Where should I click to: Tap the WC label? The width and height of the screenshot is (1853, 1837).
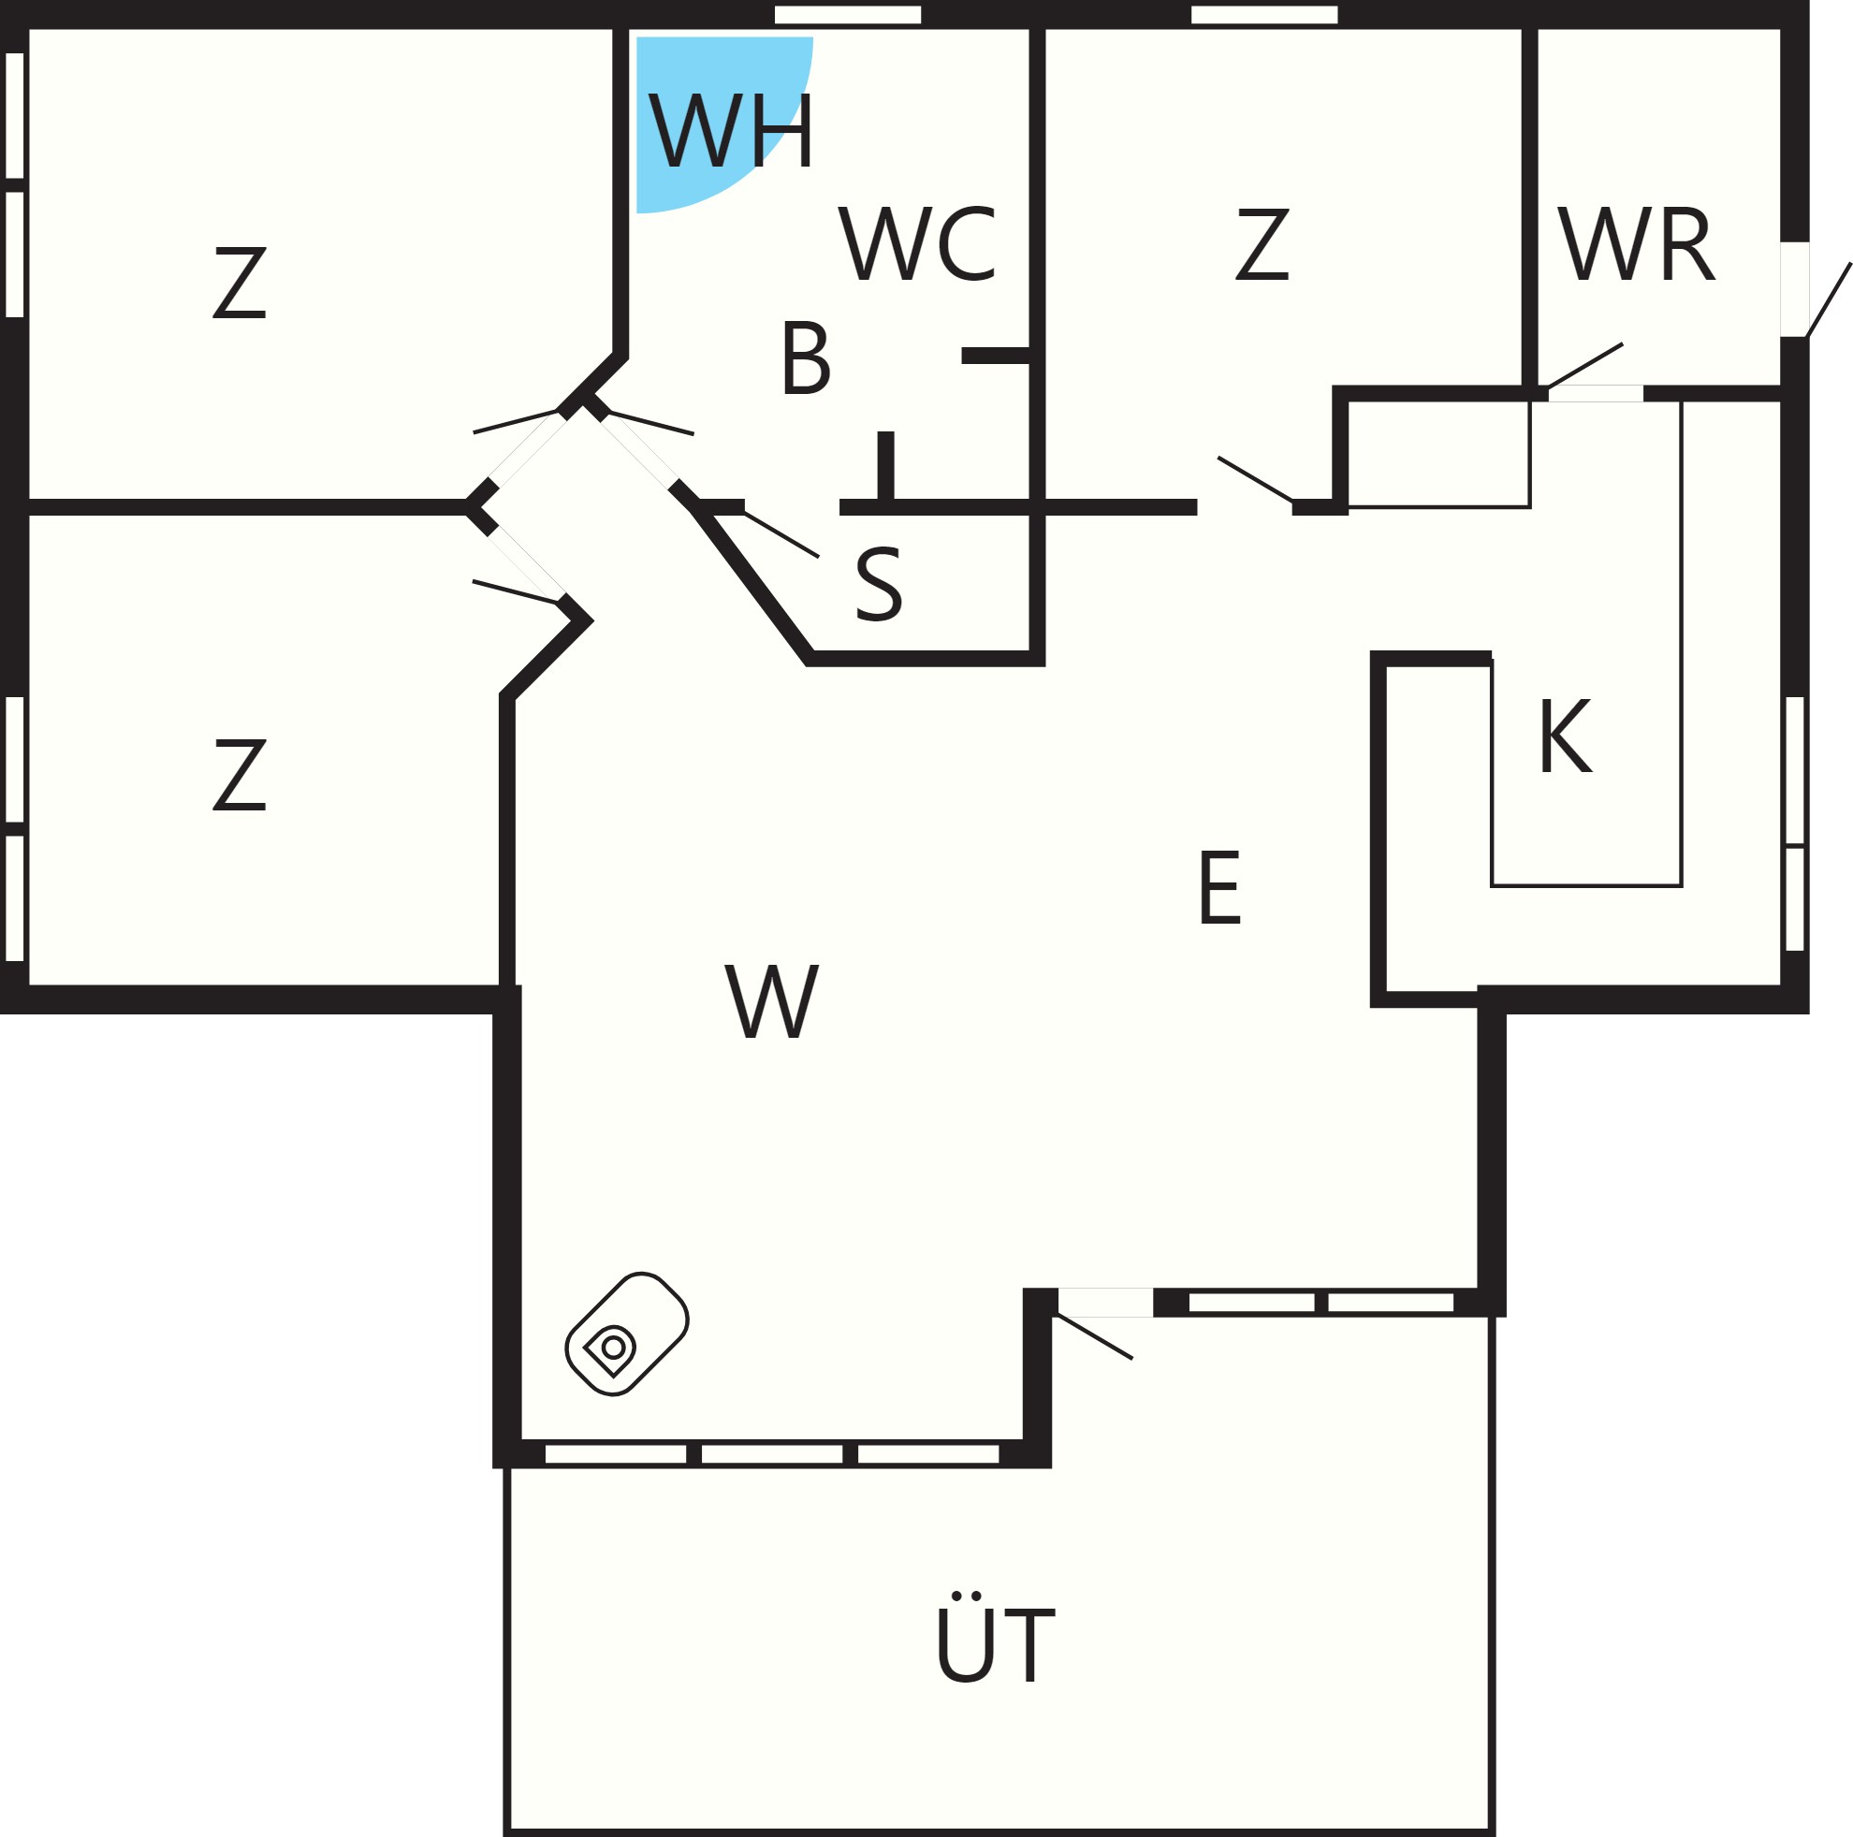tap(917, 243)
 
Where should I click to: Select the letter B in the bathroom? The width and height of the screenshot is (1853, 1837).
tap(805, 357)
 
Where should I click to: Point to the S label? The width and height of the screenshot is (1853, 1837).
tap(879, 584)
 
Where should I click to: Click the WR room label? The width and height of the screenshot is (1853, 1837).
tap(1635, 243)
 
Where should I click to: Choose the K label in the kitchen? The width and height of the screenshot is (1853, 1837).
tap(1566, 736)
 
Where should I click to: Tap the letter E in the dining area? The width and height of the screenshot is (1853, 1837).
tap(1219, 887)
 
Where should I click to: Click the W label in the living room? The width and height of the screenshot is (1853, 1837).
tap(771, 1000)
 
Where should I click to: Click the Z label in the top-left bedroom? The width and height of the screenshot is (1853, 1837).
tap(239, 282)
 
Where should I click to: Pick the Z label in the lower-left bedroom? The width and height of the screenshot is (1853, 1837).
tap(239, 774)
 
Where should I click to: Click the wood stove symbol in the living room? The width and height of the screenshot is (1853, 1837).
tap(626, 1334)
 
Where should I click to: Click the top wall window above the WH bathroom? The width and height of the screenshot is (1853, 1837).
tap(847, 14)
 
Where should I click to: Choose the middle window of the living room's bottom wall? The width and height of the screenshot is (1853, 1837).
tap(771, 1454)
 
